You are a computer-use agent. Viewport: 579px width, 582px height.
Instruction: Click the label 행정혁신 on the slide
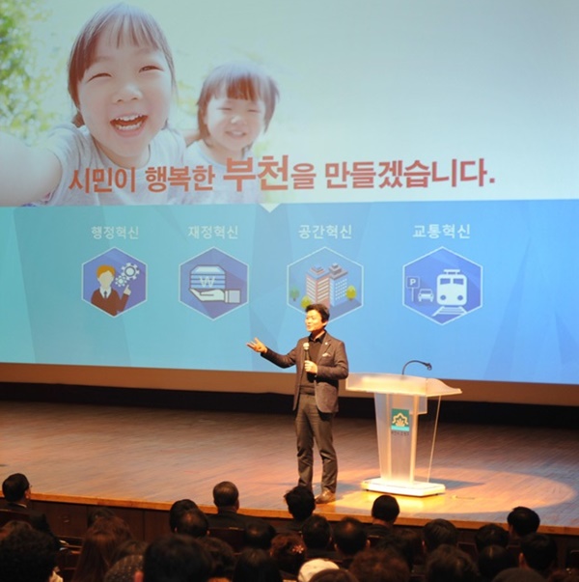115,233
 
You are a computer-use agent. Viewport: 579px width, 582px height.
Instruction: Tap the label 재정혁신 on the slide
212,232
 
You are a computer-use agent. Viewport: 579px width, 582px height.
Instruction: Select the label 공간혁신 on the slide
325,232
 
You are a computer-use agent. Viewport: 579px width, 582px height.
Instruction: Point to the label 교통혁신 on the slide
442,231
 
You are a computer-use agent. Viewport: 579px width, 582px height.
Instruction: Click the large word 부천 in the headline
256,174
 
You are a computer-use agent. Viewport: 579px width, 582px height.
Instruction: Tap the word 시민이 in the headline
101,179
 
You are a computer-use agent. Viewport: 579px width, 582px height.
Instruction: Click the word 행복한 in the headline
180,179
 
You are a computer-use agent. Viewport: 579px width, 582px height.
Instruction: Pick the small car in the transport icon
425,295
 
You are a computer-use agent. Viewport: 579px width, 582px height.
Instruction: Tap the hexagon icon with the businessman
114,282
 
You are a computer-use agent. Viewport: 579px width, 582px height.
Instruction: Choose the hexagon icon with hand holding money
213,283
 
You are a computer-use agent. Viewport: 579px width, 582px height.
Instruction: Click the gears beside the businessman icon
127,275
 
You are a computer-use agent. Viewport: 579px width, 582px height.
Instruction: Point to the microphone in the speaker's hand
306,350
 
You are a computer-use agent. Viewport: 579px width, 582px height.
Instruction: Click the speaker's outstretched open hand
257,346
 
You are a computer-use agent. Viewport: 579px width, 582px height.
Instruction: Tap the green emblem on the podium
400,420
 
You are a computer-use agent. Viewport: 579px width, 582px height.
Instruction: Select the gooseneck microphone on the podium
416,366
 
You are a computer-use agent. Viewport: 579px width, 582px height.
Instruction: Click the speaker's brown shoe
325,495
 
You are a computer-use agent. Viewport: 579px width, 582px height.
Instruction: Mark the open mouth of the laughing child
129,123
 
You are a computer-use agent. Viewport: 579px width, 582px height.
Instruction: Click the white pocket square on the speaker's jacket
325,355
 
